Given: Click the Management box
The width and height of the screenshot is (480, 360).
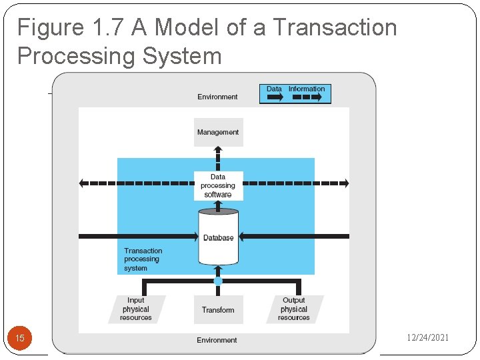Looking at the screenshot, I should [217, 132].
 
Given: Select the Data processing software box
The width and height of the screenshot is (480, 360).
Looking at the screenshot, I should [218, 185].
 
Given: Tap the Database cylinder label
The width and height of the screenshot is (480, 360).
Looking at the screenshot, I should [218, 237].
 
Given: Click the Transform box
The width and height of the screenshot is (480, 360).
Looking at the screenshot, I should [218, 310].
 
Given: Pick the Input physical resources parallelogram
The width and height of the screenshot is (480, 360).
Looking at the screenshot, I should [136, 309].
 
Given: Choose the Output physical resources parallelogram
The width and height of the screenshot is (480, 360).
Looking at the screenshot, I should [294, 309].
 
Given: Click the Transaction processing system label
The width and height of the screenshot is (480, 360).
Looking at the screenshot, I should [143, 259].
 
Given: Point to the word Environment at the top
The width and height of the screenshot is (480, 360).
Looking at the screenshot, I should [217, 97].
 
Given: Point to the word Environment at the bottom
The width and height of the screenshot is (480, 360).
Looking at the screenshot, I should [217, 340].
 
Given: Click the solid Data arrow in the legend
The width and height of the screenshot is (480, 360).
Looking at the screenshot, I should [274, 97].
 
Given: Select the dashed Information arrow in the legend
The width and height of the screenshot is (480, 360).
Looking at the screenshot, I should [307, 97].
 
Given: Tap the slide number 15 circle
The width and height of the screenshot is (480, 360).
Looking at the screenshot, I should [20, 339].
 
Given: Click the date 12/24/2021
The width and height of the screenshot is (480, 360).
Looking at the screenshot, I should [427, 338].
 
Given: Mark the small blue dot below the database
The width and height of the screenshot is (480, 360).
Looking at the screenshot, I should [218, 282].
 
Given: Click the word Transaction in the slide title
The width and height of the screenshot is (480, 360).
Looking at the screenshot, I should [335, 28].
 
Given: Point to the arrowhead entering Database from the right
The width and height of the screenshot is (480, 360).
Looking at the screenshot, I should [243, 236].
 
